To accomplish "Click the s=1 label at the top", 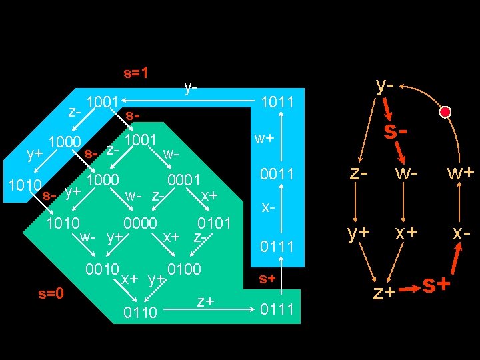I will (136, 73).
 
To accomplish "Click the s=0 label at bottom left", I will (51, 293).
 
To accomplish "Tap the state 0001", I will (185, 180).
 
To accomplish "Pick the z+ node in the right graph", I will (385, 291).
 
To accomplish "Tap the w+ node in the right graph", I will (461, 173).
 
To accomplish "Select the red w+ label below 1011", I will (265, 139).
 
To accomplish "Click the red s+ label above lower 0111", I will (267, 278).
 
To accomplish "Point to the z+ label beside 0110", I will (205, 302).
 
